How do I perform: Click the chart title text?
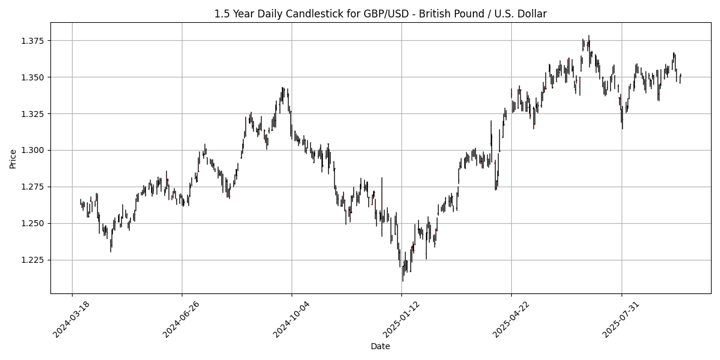(380, 14)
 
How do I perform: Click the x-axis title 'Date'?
(380, 346)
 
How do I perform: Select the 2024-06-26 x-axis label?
(182, 318)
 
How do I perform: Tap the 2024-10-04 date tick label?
(292, 318)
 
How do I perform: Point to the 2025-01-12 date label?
(401, 318)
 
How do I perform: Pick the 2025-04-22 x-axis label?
(511, 318)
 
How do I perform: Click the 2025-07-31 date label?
(622, 318)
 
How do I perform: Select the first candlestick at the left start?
(80, 203)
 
